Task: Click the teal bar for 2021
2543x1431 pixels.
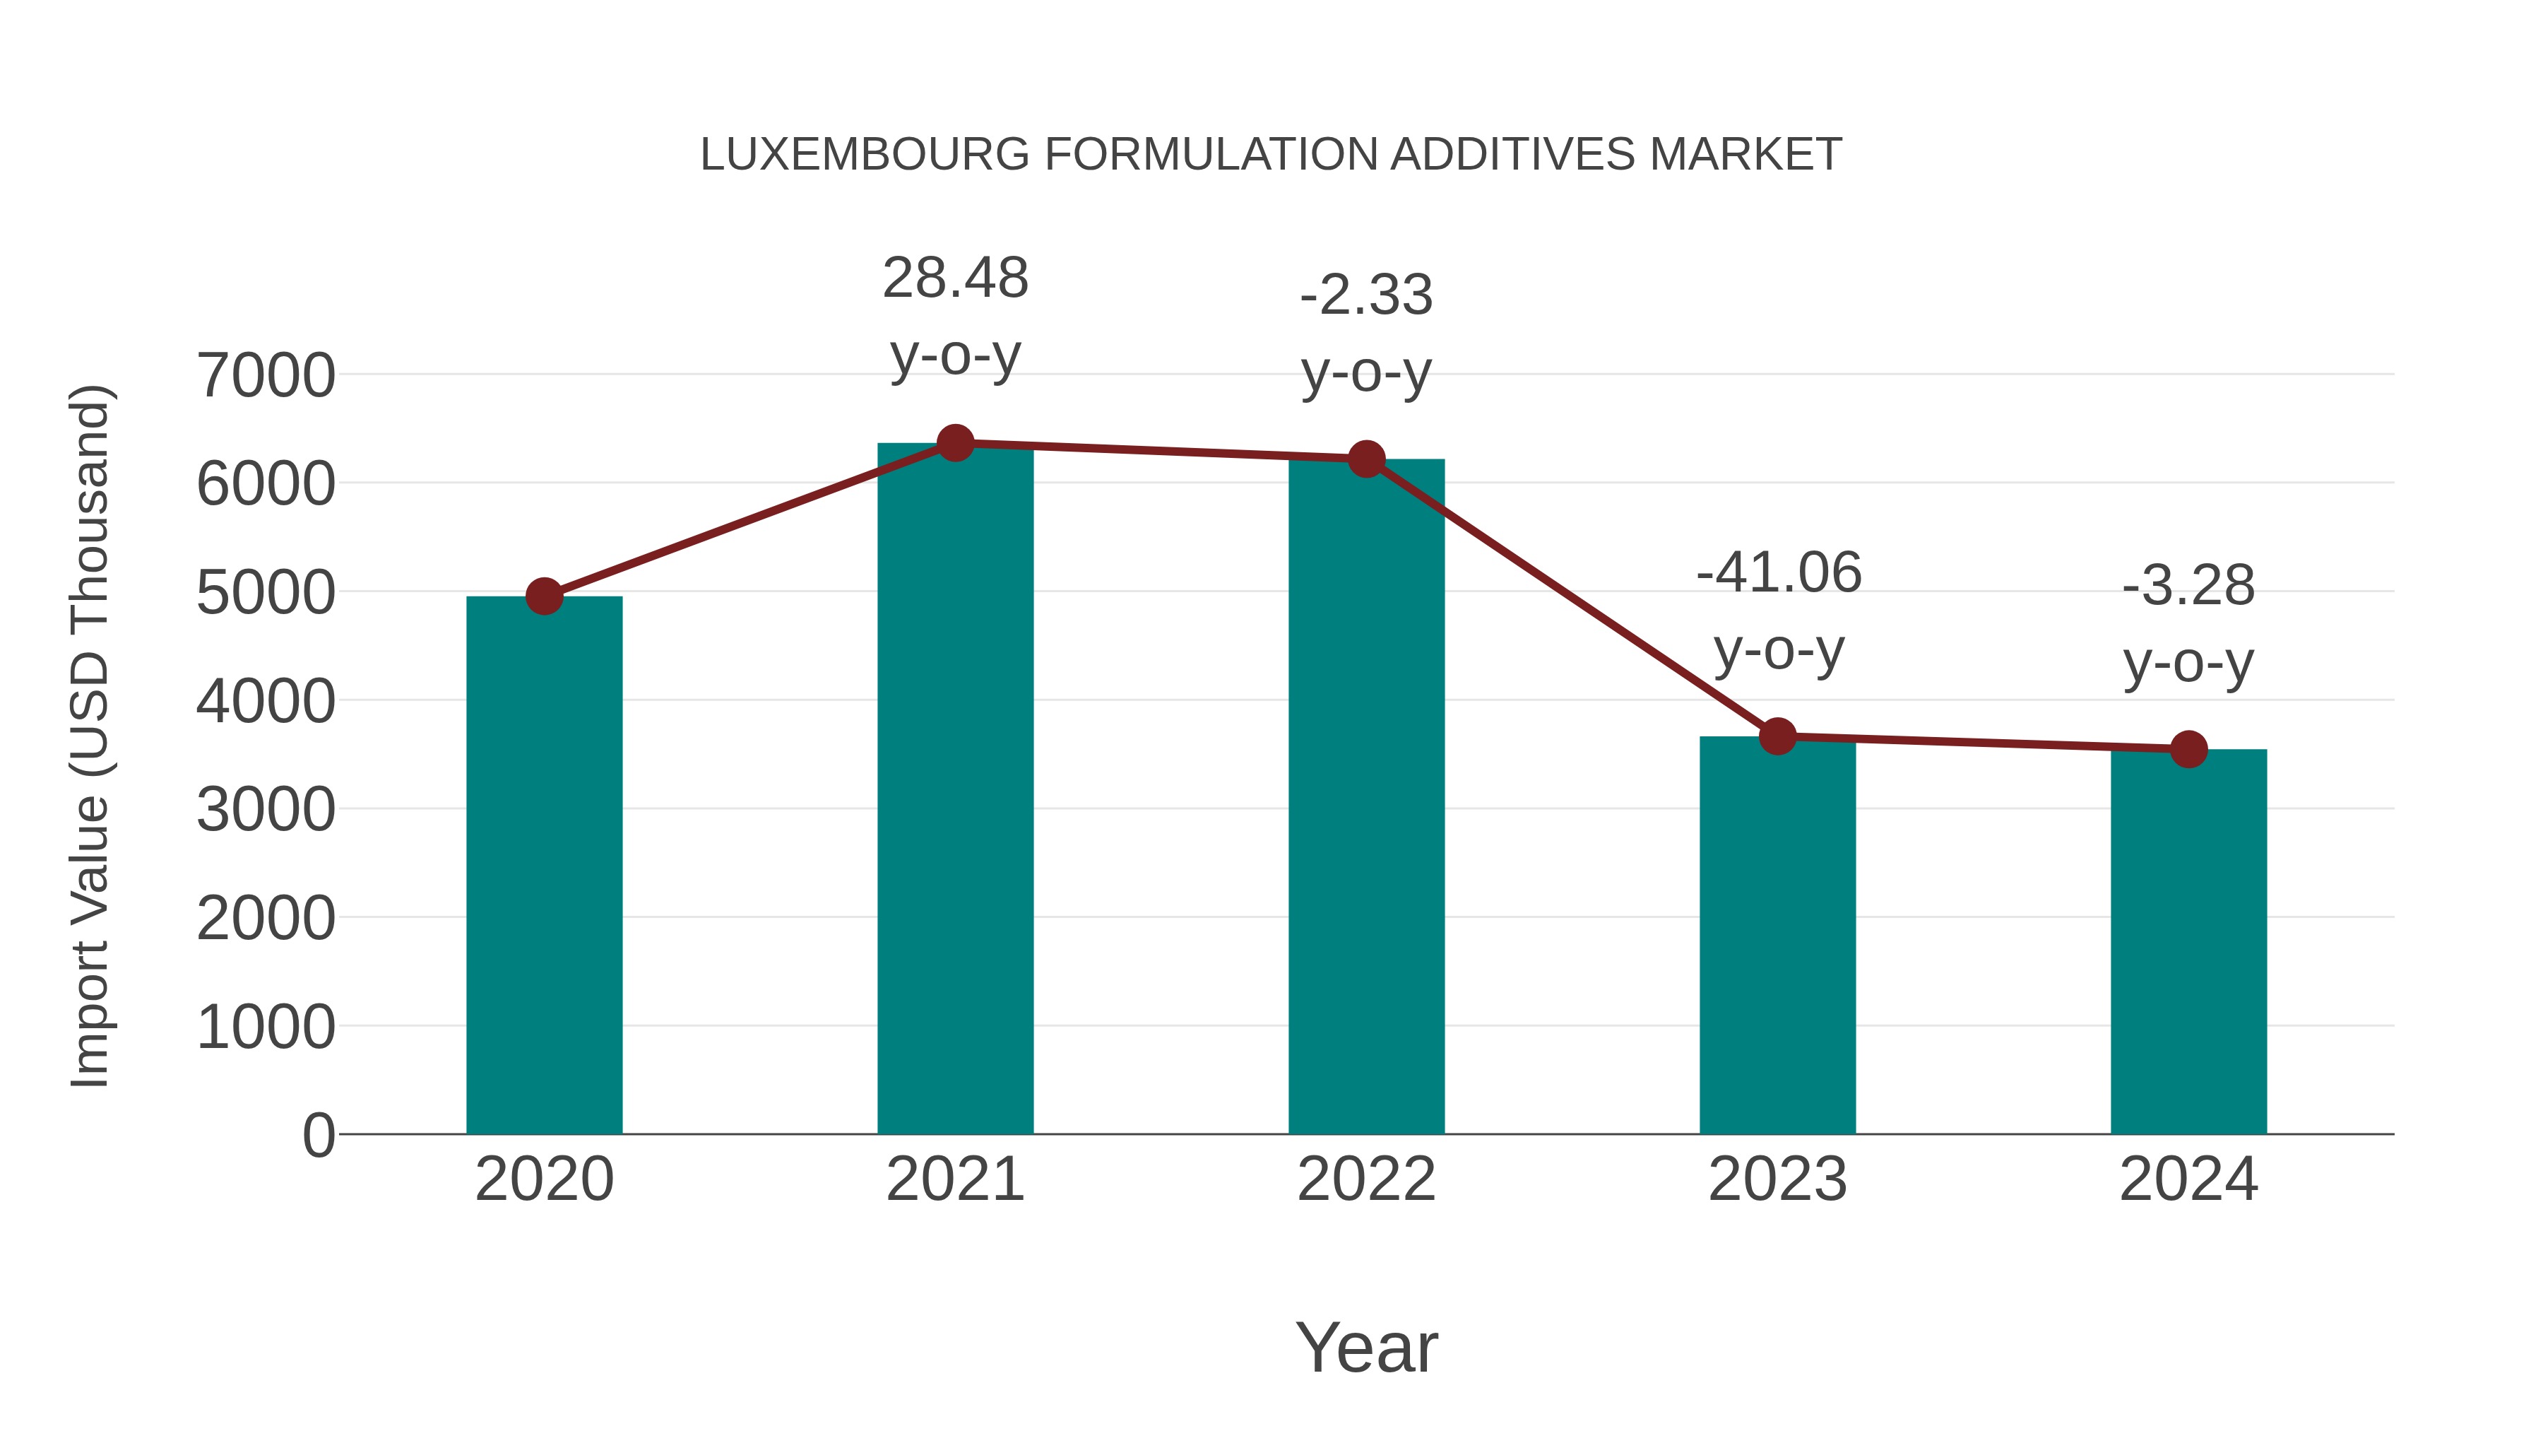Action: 954,790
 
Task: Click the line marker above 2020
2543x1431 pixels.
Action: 544,596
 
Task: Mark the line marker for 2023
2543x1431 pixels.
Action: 1777,737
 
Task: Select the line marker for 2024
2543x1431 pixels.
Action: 2188,750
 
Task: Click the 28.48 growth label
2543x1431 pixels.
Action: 954,278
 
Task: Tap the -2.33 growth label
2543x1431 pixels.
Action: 1366,295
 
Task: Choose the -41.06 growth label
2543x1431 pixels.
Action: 1778,573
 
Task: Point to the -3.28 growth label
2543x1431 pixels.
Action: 2188,586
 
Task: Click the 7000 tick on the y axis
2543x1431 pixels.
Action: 266,376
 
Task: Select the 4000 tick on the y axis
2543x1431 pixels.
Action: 266,702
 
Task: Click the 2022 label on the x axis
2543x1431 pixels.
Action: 1366,1179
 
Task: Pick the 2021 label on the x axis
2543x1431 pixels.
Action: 954,1179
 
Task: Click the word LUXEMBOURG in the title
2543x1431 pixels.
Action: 865,155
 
